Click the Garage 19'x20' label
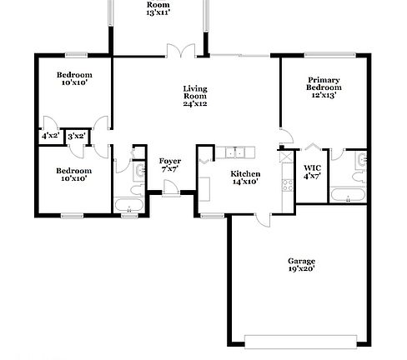pyautogui.click(x=301, y=266)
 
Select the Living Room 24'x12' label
pyautogui.click(x=194, y=97)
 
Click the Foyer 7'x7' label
pyautogui.click(x=169, y=164)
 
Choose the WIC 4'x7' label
pyautogui.click(x=312, y=172)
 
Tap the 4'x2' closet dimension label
pyautogui.click(x=49, y=136)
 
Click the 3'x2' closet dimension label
pyautogui.click(x=76, y=136)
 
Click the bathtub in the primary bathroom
pyautogui.click(x=345, y=197)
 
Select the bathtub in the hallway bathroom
pyautogui.click(x=128, y=205)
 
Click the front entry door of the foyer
pyautogui.click(x=171, y=192)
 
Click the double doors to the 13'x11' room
pyautogui.click(x=185, y=52)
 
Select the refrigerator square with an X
pyautogui.click(x=288, y=156)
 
